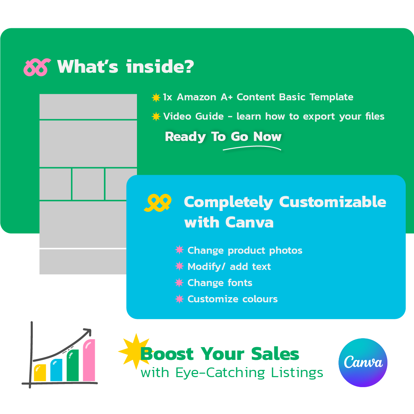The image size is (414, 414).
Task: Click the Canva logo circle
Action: pyautogui.click(x=363, y=363)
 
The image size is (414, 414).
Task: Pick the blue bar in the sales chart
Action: pyautogui.click(x=56, y=370)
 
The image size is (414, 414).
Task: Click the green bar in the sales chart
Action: pyautogui.click(x=73, y=365)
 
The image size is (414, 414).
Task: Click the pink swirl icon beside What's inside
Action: pyautogui.click(x=37, y=67)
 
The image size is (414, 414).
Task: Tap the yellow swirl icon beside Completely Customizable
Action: pyautogui.click(x=158, y=203)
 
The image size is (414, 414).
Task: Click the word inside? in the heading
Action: pyautogui.click(x=160, y=67)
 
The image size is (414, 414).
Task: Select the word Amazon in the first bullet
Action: pyautogui.click(x=196, y=97)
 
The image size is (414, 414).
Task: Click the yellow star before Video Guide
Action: pyautogui.click(x=156, y=117)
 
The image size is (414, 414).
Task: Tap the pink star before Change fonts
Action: pyautogui.click(x=179, y=283)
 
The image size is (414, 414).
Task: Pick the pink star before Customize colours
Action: pyautogui.click(x=179, y=299)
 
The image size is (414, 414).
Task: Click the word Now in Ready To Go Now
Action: pyautogui.click(x=267, y=137)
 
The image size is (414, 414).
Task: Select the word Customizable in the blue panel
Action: pyautogui.click(x=333, y=202)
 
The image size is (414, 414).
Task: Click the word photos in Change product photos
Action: pyautogui.click(x=286, y=251)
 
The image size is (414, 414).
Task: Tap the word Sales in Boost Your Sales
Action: pyautogui.click(x=275, y=354)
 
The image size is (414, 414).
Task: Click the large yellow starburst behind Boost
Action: pyautogui.click(x=136, y=351)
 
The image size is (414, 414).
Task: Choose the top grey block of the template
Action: pyautogui.click(x=88, y=107)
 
